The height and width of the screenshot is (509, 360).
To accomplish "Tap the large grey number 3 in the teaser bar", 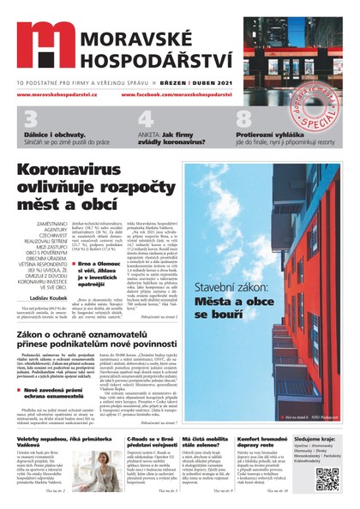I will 31,119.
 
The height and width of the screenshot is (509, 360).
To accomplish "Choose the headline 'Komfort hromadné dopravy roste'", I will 262,443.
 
